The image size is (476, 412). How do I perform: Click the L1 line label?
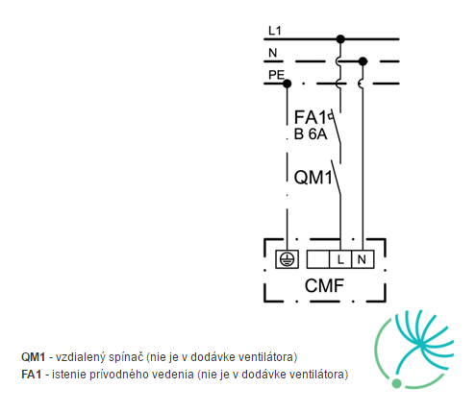(x=275, y=31)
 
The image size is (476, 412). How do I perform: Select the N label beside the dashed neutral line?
(x=272, y=53)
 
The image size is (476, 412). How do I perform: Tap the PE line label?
(x=276, y=75)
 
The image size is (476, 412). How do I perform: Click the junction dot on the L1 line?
(x=340, y=39)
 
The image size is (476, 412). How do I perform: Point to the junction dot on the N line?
(x=363, y=61)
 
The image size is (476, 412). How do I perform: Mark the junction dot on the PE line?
(x=288, y=84)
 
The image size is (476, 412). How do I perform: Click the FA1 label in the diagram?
(x=311, y=117)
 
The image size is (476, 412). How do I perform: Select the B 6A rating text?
(x=311, y=134)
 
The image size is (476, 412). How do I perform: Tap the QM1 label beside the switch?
(x=313, y=177)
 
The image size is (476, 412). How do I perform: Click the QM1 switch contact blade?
(x=336, y=178)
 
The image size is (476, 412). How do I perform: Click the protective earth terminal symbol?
(x=287, y=259)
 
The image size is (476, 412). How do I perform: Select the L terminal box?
(x=340, y=259)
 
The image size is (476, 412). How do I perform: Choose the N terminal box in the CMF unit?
(x=363, y=259)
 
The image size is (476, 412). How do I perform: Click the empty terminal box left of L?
(x=318, y=259)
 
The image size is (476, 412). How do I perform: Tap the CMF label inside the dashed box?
(x=324, y=285)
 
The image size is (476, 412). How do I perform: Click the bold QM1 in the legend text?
(x=34, y=356)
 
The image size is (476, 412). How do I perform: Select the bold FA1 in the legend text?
(x=32, y=374)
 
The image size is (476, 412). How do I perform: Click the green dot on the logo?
(x=396, y=383)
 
